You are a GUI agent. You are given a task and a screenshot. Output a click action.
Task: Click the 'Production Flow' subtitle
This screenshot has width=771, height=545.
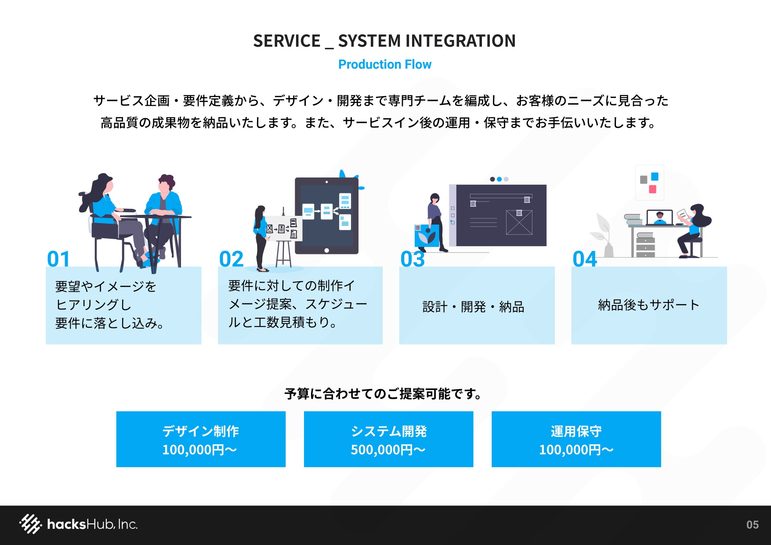point(385,65)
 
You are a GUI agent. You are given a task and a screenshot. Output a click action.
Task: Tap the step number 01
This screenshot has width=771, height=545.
point(58,259)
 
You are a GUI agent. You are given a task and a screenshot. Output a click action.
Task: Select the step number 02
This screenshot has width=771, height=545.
point(231,259)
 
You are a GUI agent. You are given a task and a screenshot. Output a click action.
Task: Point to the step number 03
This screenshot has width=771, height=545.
point(413,259)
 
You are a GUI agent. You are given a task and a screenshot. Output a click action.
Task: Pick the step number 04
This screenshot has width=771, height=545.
point(585,259)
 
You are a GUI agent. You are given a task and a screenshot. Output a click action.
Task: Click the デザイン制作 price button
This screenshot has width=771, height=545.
point(201,439)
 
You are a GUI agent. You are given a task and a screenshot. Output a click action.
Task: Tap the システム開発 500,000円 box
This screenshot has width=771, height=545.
point(388,439)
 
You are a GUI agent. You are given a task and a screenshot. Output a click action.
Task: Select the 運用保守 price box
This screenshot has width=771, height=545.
point(576,439)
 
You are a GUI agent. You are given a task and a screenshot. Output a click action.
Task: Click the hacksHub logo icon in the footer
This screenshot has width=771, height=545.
point(30,524)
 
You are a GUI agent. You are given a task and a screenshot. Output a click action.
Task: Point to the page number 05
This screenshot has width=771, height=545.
point(752,524)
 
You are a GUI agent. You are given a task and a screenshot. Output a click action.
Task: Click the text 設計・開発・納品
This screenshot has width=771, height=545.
point(473,306)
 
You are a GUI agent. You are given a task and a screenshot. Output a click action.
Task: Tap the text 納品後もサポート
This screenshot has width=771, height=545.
point(648,305)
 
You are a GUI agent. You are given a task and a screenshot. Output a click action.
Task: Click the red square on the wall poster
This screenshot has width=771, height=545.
point(652,189)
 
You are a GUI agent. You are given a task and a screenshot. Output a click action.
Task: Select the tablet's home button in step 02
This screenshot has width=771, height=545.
point(326,251)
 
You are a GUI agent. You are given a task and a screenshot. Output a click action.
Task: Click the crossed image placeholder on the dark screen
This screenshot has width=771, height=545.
point(519,222)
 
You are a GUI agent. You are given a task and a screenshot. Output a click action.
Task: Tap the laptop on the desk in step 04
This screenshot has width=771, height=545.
point(659,218)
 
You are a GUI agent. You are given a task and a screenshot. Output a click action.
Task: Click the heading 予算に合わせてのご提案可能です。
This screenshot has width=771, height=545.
point(383,393)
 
